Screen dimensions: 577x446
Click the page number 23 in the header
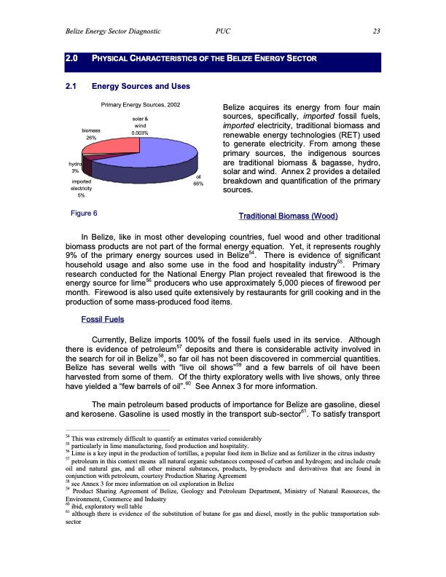375,31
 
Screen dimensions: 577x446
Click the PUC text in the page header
224,31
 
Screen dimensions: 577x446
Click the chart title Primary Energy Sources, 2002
140,106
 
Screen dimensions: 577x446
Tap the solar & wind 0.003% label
141,126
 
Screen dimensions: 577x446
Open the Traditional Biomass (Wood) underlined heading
288,217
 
